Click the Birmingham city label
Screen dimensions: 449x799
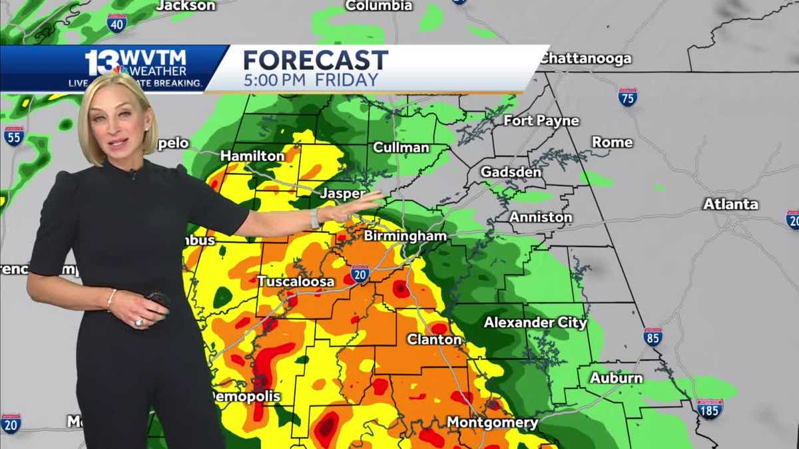(405, 237)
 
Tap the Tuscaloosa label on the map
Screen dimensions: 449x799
(296, 282)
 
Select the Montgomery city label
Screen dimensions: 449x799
(492, 422)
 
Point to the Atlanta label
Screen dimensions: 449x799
(730, 204)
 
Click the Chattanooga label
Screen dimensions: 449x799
(585, 59)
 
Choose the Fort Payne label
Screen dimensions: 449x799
(541, 121)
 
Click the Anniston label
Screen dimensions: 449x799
(541, 217)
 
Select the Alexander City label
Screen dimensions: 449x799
(535, 323)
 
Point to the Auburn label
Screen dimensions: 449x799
(616, 378)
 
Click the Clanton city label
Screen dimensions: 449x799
(434, 339)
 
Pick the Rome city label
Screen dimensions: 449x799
(612, 142)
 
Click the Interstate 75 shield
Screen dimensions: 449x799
(627, 96)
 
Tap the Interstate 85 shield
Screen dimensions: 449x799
(653, 337)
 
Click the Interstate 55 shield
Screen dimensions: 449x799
(13, 136)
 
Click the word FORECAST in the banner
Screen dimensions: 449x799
(315, 61)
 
